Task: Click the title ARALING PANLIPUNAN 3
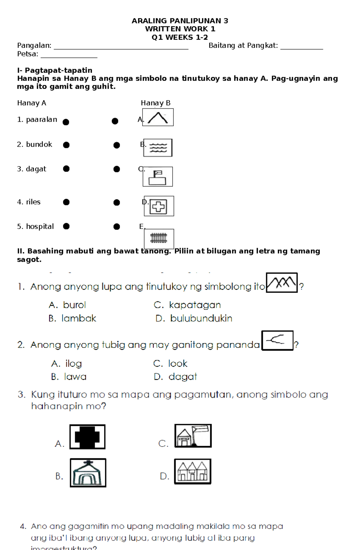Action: click(180, 21)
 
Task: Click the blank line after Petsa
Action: click(69, 56)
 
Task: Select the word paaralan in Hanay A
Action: click(41, 120)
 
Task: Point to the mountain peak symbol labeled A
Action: click(158, 117)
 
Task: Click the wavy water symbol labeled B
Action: click(158, 148)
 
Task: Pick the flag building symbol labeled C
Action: click(157, 177)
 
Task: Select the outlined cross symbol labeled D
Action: click(159, 206)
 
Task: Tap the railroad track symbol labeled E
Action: click(159, 238)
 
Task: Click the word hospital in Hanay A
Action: click(40, 227)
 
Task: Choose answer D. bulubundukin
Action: click(194, 318)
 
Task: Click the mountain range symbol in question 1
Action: click(282, 283)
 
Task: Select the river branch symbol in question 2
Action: click(277, 340)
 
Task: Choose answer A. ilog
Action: click(67, 364)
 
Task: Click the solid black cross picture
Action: click(87, 437)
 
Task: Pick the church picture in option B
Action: click(88, 473)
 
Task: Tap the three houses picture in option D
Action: click(193, 471)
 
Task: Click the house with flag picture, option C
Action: click(193, 436)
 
